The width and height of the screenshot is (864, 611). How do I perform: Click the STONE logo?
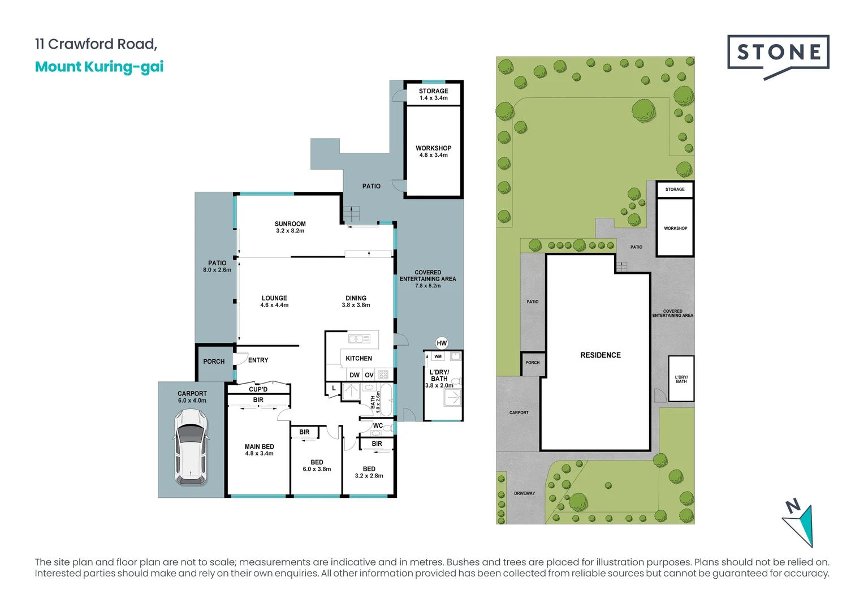[778, 53]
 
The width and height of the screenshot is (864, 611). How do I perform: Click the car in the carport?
[191, 447]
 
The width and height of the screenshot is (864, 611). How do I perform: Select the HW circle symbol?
[442, 343]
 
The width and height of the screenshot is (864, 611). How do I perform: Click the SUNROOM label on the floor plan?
[290, 224]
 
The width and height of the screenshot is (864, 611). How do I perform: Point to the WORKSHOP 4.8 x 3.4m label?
[433, 151]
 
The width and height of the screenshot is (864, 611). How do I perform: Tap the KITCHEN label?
[358, 358]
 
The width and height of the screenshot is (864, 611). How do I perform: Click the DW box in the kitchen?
[355, 375]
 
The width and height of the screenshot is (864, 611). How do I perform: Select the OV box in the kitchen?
[369, 375]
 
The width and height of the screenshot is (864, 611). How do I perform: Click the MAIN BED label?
[259, 447]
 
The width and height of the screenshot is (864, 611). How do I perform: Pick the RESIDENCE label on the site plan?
[600, 355]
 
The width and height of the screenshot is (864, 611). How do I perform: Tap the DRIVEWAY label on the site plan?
[524, 493]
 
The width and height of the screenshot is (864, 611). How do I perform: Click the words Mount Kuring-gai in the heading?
[99, 67]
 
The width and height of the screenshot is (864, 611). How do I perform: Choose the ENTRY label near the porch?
[258, 360]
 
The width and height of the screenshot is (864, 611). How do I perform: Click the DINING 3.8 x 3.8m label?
[356, 301]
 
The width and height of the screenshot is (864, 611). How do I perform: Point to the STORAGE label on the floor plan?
[433, 91]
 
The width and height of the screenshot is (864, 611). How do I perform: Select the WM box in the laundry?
[438, 356]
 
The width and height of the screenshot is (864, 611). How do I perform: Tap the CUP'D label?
[258, 389]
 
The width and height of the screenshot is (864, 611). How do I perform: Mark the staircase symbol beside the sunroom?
[351, 214]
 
